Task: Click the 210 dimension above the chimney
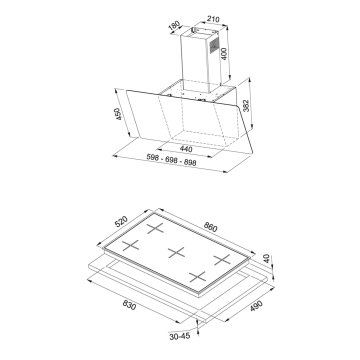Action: coord(213,20)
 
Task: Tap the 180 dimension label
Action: coord(174,27)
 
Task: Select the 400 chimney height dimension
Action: coord(224,54)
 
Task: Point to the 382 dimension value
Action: coord(246,106)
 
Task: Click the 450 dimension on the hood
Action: coord(118,114)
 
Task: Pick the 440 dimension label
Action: coord(186,149)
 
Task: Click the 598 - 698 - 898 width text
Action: coord(171,160)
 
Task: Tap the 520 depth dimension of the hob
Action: coord(121,221)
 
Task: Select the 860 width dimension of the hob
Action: coord(210,227)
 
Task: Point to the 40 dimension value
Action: coord(267,259)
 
